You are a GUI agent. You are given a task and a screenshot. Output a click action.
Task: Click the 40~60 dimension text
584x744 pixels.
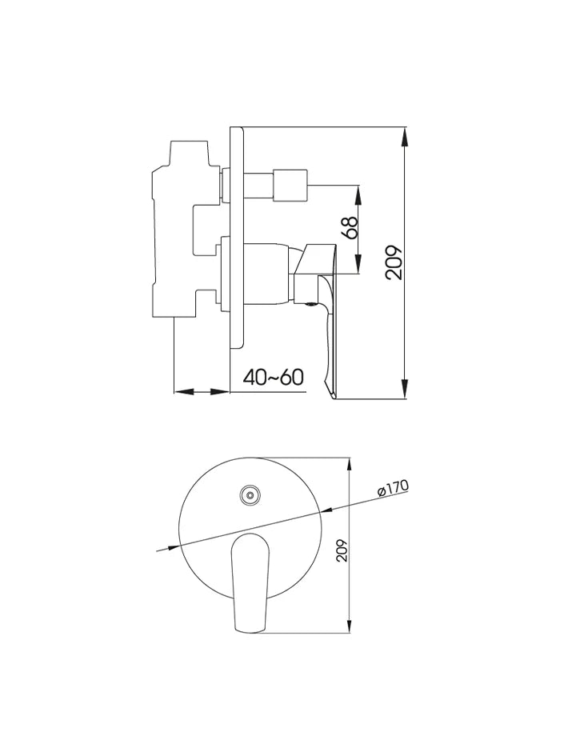click(x=273, y=378)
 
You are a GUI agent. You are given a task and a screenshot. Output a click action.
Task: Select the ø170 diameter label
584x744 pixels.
click(x=393, y=489)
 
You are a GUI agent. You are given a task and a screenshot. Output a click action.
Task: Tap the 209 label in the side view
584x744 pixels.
click(x=394, y=262)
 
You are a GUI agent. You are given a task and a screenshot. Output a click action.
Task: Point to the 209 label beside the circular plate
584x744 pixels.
click(x=342, y=550)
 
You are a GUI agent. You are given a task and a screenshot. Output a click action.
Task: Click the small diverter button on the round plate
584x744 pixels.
click(x=250, y=496)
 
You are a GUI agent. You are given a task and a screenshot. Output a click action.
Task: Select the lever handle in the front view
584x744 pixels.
click(x=250, y=582)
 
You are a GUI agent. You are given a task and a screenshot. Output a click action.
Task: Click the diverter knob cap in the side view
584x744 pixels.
click(x=291, y=184)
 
